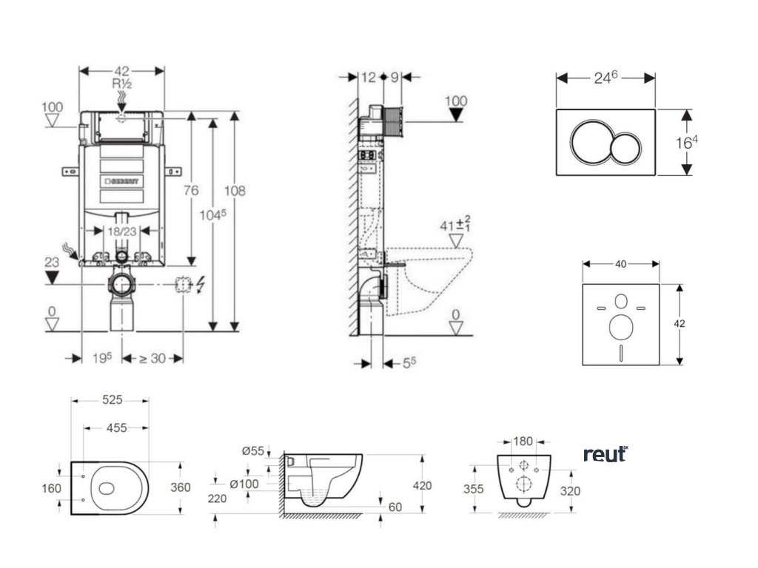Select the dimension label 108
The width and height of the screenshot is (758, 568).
coord(235,190)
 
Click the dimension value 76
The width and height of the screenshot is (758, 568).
coord(191,190)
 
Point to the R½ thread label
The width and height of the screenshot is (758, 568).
coord(121,84)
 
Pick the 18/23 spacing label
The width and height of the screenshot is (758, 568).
coord(121,231)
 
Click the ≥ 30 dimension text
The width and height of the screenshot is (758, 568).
coord(152,359)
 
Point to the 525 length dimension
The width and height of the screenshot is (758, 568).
coord(111,399)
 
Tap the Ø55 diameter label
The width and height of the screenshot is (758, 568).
coord(252,451)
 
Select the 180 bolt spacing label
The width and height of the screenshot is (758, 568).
coord(523,442)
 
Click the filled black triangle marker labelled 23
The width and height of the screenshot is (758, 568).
coord(51,277)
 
